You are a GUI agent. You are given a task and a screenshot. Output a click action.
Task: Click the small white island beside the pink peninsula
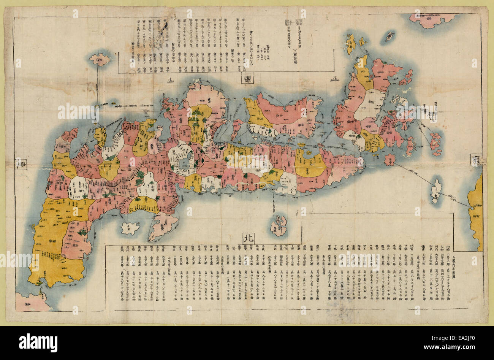(x=130, y=228)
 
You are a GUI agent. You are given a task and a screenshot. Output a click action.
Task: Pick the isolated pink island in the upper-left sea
(x=100, y=59)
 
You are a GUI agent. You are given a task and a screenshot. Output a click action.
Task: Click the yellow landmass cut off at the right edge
(x=476, y=213)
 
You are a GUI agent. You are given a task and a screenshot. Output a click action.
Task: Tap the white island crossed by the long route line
(x=436, y=192)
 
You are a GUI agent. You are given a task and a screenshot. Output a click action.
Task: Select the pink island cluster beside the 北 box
(x=279, y=225)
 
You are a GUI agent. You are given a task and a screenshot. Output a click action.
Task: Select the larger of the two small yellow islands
(x=351, y=43)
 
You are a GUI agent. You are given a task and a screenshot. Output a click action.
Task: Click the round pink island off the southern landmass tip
(x=389, y=160)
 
